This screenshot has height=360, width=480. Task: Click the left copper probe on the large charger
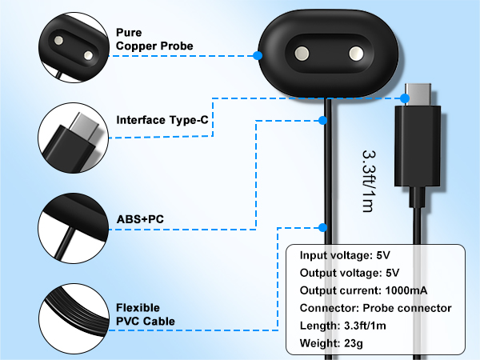tap(302, 54)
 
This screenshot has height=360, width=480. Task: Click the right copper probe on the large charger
tap(356, 54)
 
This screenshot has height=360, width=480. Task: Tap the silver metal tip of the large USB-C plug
tap(418, 94)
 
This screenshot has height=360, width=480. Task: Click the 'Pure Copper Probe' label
tap(154, 39)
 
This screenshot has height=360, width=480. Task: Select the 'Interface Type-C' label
tap(162, 120)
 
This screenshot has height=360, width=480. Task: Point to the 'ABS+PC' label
tap(140, 219)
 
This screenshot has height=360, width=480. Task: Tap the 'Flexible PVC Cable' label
tap(146, 314)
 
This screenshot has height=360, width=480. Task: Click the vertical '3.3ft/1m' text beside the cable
tap(368, 182)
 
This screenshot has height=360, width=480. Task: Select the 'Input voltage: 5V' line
tap(345, 255)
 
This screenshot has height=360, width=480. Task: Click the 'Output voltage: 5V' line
tap(350, 273)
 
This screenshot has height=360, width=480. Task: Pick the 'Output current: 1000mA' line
tap(363, 290)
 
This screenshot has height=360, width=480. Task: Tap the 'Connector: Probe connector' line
tap(376, 308)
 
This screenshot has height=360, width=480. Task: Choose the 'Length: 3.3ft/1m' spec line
tap(343, 326)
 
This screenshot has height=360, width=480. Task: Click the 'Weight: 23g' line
tap(331, 343)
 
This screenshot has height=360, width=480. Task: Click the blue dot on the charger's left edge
tap(258, 56)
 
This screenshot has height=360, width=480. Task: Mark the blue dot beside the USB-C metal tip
tap(405, 98)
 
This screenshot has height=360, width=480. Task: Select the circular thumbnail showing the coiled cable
tap(74, 318)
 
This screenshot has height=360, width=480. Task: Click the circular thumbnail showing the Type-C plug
tap(74, 138)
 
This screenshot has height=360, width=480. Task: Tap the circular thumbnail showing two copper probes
tap(74, 47)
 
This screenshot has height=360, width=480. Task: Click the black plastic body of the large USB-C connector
tap(418, 146)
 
